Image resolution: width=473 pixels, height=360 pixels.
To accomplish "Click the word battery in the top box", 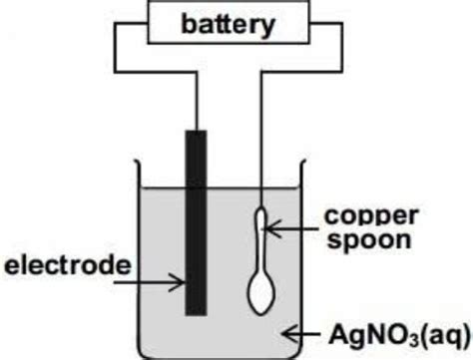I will coord(227,25).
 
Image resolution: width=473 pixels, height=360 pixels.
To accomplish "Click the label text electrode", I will coord(67,264).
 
